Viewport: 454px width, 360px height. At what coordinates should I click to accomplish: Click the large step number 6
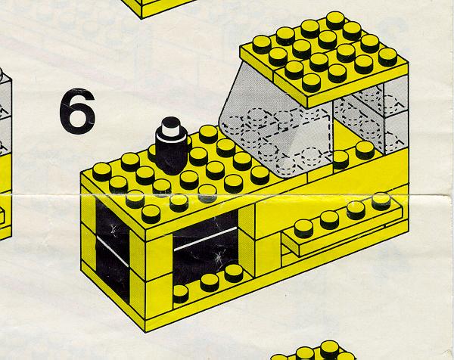[77, 111]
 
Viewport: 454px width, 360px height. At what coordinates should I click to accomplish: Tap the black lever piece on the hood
[171, 146]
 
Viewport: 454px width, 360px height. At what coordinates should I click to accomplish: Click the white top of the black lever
[171, 128]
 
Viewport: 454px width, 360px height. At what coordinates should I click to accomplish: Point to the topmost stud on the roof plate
[335, 20]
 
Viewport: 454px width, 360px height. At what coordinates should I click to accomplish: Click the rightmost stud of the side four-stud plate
[381, 201]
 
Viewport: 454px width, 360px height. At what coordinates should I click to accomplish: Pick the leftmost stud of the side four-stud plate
[303, 228]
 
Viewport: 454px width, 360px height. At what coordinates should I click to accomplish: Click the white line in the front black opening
[206, 239]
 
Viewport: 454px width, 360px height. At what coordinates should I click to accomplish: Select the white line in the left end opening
[112, 251]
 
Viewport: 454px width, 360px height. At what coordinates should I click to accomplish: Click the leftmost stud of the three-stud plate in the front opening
[181, 293]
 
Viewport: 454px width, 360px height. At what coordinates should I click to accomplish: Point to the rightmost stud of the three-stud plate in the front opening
[234, 274]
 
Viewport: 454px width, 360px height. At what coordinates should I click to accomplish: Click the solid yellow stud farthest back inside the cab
[365, 151]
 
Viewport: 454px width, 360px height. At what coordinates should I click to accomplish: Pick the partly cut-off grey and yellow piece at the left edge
[5, 157]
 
